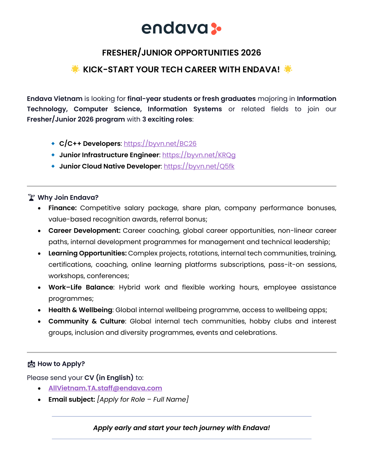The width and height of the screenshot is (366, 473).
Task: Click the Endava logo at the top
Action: [x=181, y=28]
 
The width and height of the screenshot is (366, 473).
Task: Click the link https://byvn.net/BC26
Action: [x=160, y=144]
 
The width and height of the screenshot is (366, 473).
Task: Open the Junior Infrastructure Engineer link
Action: [x=199, y=155]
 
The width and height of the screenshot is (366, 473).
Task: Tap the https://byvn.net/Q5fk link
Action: [x=199, y=166]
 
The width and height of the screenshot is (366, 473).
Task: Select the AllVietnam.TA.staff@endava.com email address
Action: [x=105, y=388]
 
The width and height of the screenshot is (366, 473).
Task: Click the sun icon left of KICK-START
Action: [x=75, y=69]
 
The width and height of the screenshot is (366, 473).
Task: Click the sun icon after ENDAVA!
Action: [x=288, y=69]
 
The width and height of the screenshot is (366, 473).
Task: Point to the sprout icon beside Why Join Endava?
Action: [x=31, y=197]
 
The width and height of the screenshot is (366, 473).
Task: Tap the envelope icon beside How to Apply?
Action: [x=31, y=364]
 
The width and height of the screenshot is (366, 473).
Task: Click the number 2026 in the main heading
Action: [x=251, y=53]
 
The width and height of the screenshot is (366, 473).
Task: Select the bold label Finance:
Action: [x=62, y=208]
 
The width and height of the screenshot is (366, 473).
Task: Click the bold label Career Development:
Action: [x=84, y=231]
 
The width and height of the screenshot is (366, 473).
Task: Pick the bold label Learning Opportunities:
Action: [x=87, y=253]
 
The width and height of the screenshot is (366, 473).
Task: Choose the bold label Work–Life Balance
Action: [x=81, y=287]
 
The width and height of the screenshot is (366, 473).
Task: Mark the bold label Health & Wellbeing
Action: [x=80, y=310]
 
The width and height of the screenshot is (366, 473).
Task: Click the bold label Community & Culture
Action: [x=87, y=321]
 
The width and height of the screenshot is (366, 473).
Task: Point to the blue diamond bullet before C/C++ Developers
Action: [x=53, y=144]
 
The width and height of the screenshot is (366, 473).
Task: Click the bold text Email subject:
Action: [x=72, y=400]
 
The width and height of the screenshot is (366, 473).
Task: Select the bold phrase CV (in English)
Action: [x=109, y=378]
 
